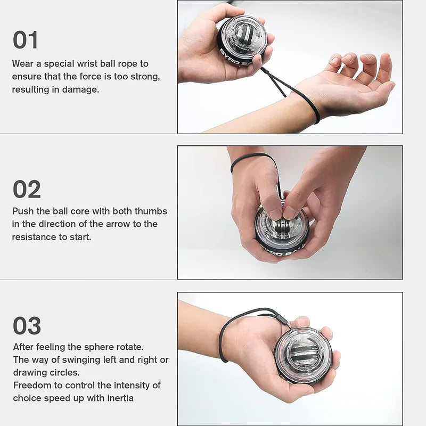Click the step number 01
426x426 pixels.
tap(26, 40)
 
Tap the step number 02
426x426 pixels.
tap(27, 189)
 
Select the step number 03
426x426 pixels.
tap(27, 325)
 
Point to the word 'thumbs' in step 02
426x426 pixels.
tap(152, 211)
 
